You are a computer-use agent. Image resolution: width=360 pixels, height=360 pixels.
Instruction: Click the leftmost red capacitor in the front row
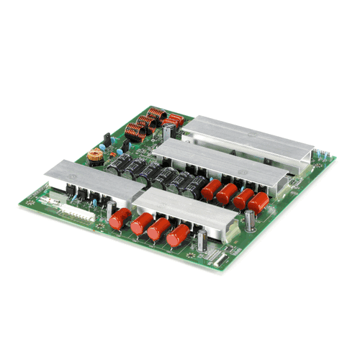tap(120, 219)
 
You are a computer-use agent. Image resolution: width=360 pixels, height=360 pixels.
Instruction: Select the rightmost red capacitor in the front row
tap(178, 235)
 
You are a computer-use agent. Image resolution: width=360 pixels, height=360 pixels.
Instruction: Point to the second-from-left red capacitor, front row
tap(140, 225)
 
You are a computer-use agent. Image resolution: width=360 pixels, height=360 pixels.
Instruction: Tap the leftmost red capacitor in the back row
tap(211, 189)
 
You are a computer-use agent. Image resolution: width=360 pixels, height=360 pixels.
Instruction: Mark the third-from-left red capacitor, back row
tap(243, 197)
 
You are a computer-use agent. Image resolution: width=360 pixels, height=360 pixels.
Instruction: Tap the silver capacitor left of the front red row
tap(109, 211)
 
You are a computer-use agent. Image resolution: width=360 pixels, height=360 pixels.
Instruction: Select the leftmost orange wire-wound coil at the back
tap(133, 132)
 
